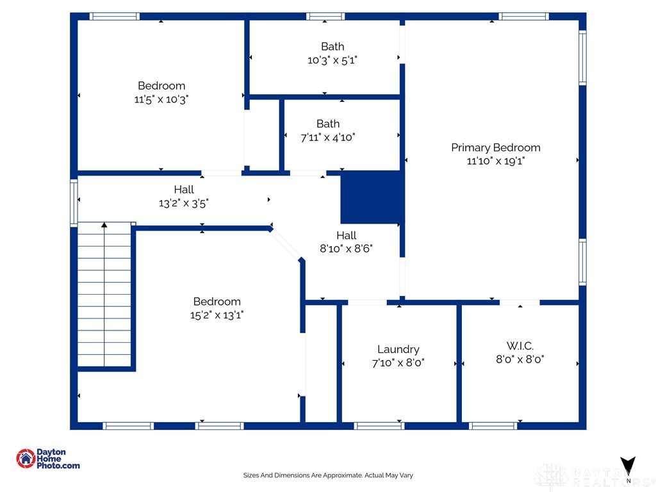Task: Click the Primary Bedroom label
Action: click(495, 147)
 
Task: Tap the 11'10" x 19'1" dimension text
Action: click(495, 161)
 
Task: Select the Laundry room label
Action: click(398, 349)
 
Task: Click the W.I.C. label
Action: click(520, 346)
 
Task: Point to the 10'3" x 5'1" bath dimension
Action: click(332, 60)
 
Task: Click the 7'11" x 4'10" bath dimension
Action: click(327, 137)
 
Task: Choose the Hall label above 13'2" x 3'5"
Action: click(184, 190)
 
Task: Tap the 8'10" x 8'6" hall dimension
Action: click(346, 249)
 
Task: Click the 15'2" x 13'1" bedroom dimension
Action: click(217, 315)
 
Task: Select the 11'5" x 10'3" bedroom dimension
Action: click(161, 99)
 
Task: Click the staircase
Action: click(104, 295)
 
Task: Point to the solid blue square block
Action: click(371, 197)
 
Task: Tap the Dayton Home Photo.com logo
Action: click(48, 459)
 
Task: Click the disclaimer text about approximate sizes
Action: click(328, 475)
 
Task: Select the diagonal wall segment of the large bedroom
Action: click(286, 245)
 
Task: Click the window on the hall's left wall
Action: click(74, 202)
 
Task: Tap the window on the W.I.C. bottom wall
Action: click(493, 425)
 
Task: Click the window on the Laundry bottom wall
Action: click(379, 425)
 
